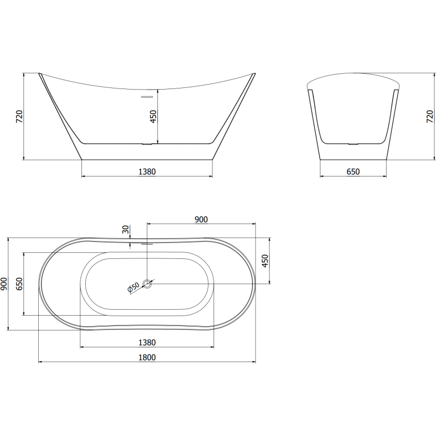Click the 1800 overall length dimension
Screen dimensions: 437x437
coord(147,357)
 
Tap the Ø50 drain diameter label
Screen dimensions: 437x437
coord(133,287)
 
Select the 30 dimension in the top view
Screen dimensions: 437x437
coord(126,230)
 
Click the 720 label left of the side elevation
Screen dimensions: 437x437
coord(18,117)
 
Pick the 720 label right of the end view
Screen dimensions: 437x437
coord(430,117)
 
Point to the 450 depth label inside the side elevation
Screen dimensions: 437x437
coord(153,116)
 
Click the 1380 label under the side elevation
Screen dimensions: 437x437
coord(147,172)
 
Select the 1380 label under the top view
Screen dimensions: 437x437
coord(147,342)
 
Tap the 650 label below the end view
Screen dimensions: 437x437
coord(353,172)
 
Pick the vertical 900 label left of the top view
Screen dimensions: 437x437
coord(4,284)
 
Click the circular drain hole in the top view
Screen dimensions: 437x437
coord(147,284)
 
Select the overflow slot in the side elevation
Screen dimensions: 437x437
coord(147,97)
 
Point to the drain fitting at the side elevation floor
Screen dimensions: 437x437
coord(147,144)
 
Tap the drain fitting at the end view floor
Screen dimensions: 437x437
coord(353,144)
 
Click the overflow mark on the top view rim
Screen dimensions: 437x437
coord(147,244)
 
